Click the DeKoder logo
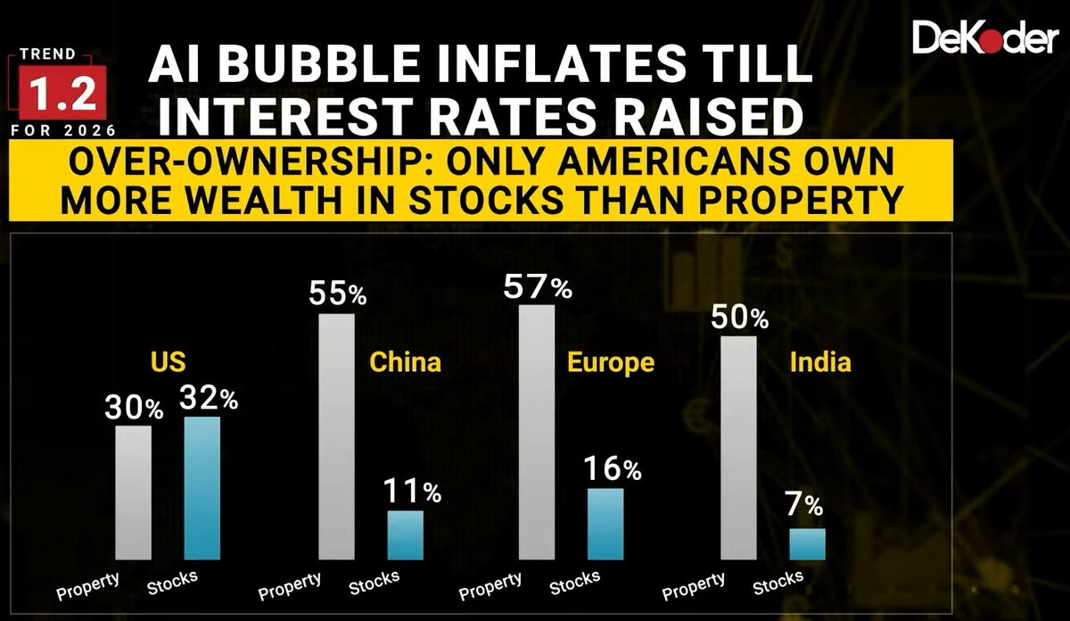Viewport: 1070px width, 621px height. [984, 37]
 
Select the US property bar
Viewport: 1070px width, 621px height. [134, 493]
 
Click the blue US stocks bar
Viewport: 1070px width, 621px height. [202, 488]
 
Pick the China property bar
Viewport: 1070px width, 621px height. [336, 436]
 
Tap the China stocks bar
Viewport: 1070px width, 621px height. [405, 535]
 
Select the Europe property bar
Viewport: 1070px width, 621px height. [537, 432]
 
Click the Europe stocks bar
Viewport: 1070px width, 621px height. [605, 524]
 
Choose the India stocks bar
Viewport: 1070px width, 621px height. [807, 544]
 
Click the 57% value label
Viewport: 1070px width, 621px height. [537, 286]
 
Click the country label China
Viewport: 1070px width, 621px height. [405, 362]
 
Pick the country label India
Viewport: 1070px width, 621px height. [820, 362]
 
